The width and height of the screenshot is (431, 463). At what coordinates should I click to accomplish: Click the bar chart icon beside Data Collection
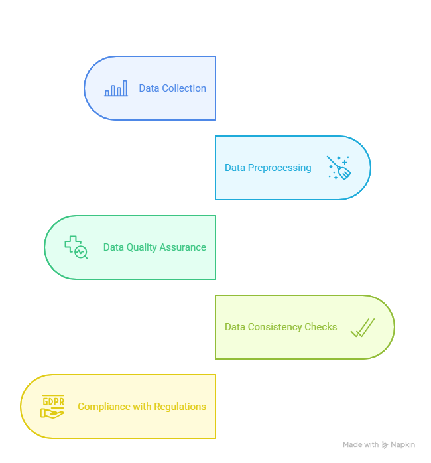pyautogui.click(x=116, y=89)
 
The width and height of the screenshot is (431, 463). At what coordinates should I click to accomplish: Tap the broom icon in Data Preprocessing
pyautogui.click(x=339, y=168)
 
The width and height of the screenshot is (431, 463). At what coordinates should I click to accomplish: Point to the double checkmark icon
pyautogui.click(x=363, y=327)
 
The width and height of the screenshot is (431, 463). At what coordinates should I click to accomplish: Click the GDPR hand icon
pyautogui.click(x=52, y=407)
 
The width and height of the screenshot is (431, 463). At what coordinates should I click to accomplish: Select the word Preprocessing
pyautogui.click(x=279, y=168)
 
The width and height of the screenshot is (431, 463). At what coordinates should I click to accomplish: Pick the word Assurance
pyautogui.click(x=184, y=247)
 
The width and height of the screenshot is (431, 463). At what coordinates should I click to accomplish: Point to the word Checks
pyautogui.click(x=321, y=327)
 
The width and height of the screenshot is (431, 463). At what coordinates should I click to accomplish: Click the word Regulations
pyautogui.click(x=179, y=407)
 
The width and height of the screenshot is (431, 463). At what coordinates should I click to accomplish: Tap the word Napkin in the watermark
pyautogui.click(x=403, y=444)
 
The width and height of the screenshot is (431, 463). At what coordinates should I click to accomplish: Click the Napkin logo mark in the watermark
pyautogui.click(x=385, y=445)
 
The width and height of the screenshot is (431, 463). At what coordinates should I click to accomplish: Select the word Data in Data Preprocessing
pyautogui.click(x=235, y=168)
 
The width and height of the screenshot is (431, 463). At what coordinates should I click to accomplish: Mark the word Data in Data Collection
pyautogui.click(x=149, y=88)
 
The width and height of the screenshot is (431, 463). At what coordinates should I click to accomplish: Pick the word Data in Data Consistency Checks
pyautogui.click(x=235, y=327)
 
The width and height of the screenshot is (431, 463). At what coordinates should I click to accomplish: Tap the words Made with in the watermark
pyautogui.click(x=360, y=444)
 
